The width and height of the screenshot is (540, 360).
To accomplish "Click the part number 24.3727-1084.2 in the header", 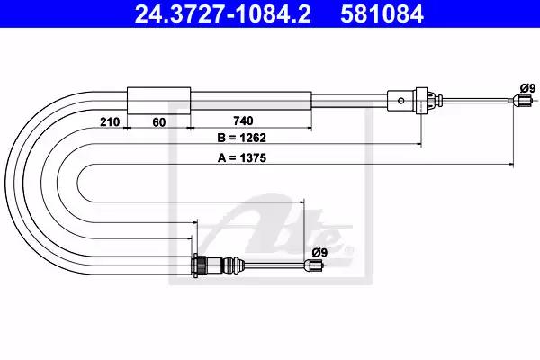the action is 222,14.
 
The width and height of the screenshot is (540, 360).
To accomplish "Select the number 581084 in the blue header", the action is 382,14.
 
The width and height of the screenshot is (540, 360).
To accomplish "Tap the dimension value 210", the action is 110,122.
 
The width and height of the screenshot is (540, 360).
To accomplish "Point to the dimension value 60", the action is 158,122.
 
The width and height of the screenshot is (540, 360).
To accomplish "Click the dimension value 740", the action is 243,121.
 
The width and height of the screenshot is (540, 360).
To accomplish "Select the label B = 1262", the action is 242,138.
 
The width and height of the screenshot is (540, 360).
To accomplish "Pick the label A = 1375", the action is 242,157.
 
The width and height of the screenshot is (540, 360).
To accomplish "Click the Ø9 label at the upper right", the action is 528,88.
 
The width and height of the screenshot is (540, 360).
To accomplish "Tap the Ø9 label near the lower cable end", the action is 319,253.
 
